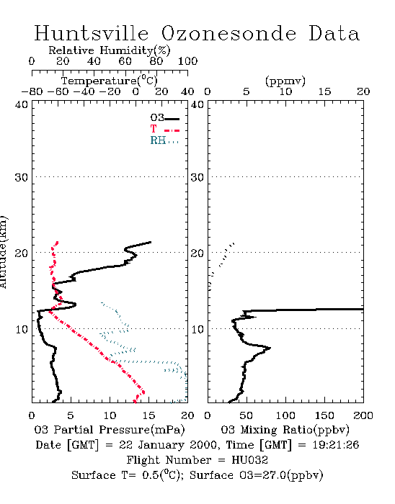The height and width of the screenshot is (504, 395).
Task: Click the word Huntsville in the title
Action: tap(92, 33)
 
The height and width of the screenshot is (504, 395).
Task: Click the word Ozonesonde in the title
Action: tap(228, 33)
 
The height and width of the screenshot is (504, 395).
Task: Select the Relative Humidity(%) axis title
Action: tap(110, 50)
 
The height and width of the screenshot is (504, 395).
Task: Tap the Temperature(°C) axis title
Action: tap(110, 81)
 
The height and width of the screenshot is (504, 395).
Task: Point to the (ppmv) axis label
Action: tap(285, 81)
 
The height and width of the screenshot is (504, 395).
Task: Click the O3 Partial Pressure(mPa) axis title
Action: tap(110, 430)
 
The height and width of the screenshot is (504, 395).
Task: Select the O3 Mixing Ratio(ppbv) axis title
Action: tap(285, 430)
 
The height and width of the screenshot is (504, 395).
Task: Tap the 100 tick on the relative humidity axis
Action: tap(187, 61)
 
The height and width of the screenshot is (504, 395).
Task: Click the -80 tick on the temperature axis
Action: tap(32, 92)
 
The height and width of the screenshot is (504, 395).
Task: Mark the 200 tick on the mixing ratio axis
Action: tap(363, 415)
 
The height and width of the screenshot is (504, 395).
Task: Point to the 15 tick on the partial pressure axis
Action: tap(148, 415)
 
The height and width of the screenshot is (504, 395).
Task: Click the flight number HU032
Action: tap(249, 460)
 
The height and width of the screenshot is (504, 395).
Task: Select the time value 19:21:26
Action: tap(335, 445)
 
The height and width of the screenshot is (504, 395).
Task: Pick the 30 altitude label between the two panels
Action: tap(197, 177)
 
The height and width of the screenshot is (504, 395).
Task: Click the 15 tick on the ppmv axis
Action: tap(324, 92)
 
